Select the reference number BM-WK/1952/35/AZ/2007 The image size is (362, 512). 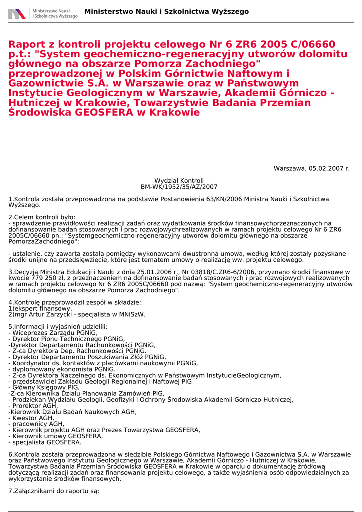pyautogui.click(x=179, y=187)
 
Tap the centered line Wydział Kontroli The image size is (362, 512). pyautogui.click(x=179, y=180)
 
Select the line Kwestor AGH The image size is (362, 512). pyautogui.click(x=33, y=418)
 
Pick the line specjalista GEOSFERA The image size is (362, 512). pyautogui.click(x=46, y=442)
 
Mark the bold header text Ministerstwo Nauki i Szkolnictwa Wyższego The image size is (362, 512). pyautogui.click(x=166, y=11)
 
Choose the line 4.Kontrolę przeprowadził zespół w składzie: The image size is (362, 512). pyautogui.click(x=75, y=302)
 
